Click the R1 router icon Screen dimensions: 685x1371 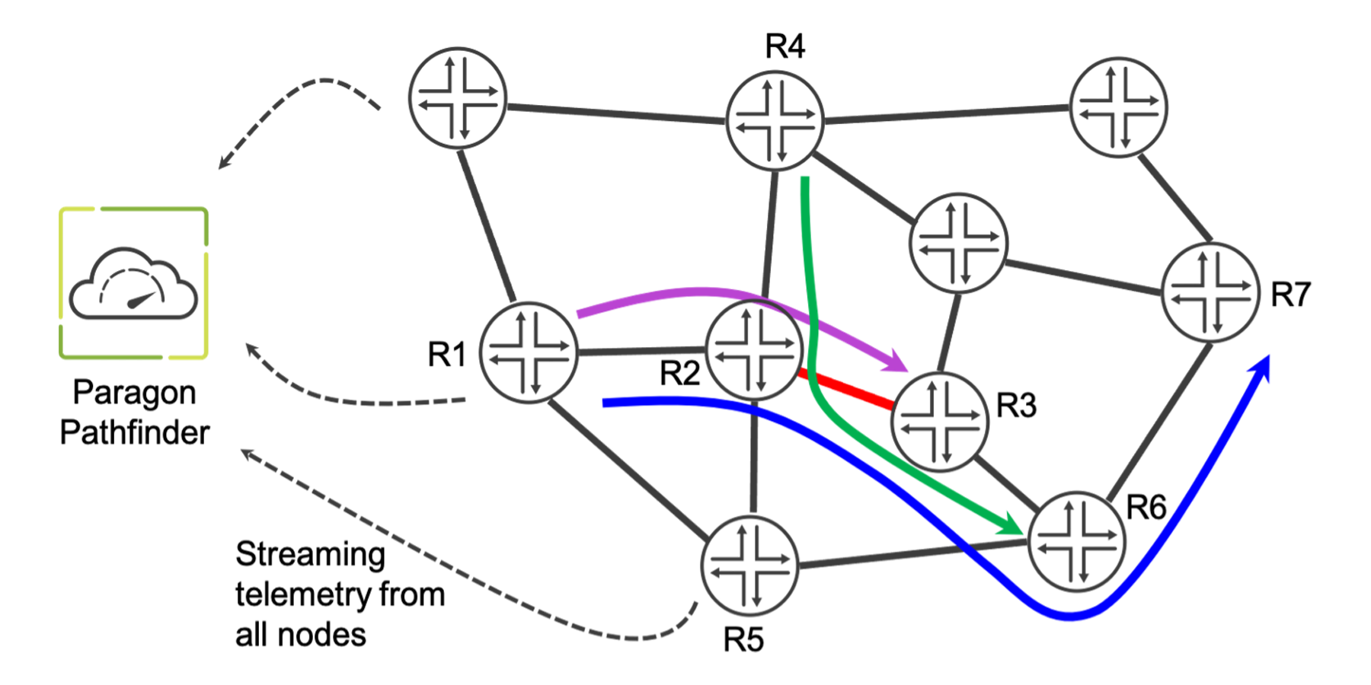528,352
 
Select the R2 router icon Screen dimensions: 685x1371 754,350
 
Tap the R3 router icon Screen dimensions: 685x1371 940,422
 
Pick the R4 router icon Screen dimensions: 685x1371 775,119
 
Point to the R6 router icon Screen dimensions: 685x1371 1075,541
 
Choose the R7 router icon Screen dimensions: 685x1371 1210,292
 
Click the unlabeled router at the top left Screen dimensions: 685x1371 457,97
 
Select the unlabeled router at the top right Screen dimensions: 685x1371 1118,107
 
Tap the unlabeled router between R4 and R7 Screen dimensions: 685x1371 958,243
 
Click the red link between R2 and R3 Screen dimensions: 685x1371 845,389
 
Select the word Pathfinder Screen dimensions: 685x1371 135,432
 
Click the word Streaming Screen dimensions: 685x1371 310,554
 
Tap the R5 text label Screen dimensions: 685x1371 743,639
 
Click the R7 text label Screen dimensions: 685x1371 1290,294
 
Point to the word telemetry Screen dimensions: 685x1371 304,594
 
